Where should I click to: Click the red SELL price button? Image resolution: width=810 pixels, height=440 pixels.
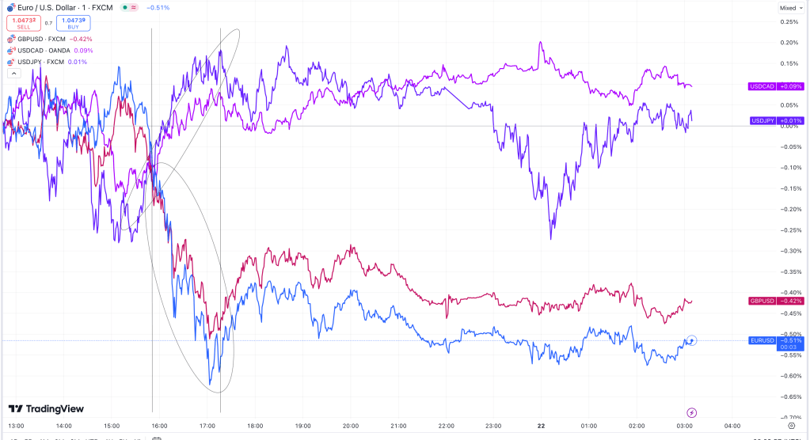click(23, 23)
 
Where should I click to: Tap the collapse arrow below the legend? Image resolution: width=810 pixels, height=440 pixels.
click(13, 73)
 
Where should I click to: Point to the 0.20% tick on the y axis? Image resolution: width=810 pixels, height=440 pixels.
click(788, 43)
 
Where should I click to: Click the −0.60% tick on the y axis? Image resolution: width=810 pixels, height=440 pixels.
click(788, 376)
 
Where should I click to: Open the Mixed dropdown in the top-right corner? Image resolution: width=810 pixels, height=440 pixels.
click(789, 7)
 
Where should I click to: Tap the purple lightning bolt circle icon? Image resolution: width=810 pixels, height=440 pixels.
click(692, 412)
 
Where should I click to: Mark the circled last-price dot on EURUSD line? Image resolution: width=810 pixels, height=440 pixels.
click(692, 340)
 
